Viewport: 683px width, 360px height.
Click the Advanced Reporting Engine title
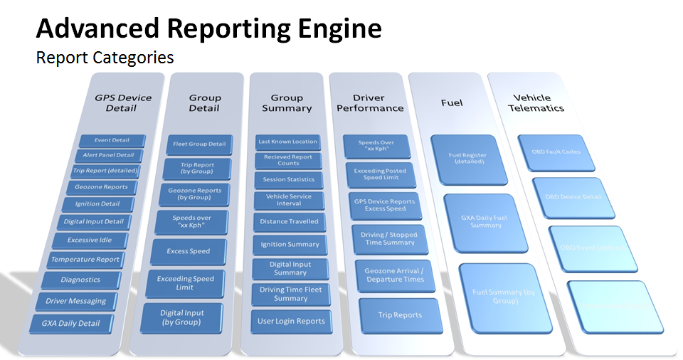208,29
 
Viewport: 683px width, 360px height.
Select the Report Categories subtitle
105,57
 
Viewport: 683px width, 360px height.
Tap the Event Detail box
112,140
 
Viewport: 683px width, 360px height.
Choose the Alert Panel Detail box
108,155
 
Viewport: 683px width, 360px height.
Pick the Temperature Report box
85,260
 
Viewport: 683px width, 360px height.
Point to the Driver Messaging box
76,301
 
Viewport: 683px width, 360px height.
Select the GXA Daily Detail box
70,324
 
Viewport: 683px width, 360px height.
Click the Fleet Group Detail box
199,144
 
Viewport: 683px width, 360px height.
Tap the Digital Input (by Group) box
182,317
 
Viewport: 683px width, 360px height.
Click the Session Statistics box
288,179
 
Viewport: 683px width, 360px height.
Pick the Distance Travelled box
289,222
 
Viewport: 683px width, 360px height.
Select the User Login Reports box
291,321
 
